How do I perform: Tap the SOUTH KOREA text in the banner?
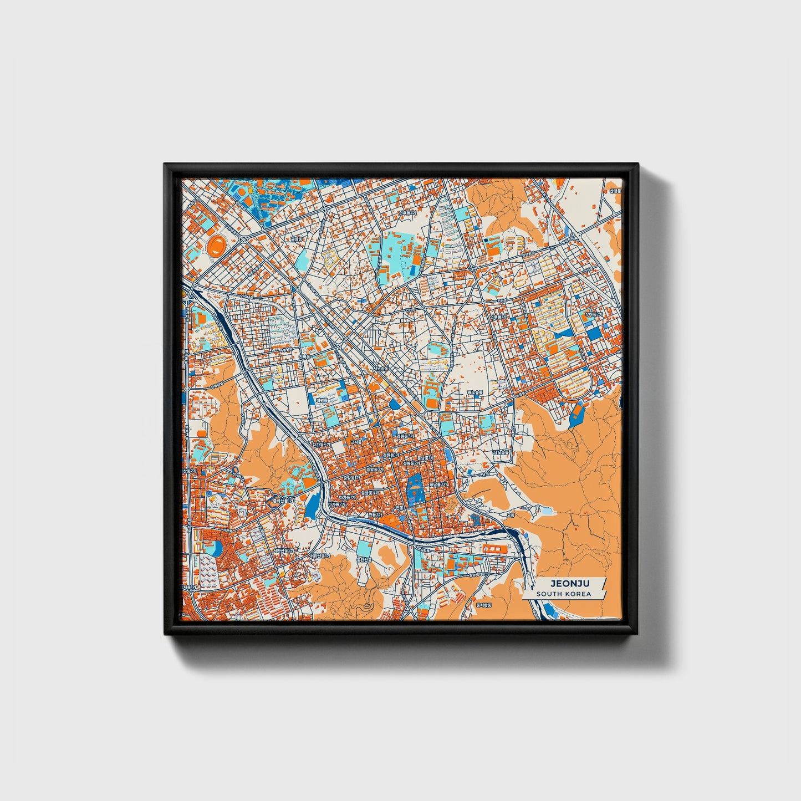pyautogui.click(x=563, y=594)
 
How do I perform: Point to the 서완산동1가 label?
pyautogui.click(x=320, y=556)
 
